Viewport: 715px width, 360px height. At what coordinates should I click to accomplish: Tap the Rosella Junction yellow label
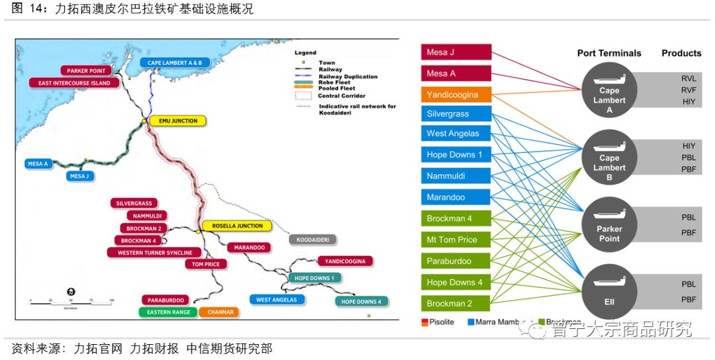coord(237,226)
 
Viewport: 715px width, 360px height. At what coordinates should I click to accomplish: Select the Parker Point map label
coord(86,71)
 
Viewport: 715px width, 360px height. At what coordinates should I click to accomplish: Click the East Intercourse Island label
coord(74,83)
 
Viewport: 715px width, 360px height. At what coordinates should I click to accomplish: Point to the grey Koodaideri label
coord(313,239)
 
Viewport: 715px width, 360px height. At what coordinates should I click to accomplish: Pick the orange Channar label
coord(219,312)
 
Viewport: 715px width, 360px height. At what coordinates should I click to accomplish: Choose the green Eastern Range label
coord(168,312)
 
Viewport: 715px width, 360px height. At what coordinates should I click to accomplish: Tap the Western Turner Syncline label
coord(154,252)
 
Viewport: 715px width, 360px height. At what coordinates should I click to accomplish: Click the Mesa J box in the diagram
coord(455,52)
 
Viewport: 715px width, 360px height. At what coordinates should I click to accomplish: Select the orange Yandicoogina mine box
coord(455,95)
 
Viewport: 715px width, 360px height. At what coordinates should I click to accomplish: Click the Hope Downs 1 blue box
coord(455,155)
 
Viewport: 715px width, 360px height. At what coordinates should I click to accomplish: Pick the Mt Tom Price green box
coord(455,240)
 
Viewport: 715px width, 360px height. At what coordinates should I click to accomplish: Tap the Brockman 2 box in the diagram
coord(455,303)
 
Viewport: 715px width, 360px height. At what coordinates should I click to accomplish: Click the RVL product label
coord(688,78)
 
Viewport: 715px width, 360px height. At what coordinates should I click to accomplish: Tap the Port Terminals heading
coord(609,53)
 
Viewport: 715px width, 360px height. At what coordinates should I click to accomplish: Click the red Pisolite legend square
coord(424,322)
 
